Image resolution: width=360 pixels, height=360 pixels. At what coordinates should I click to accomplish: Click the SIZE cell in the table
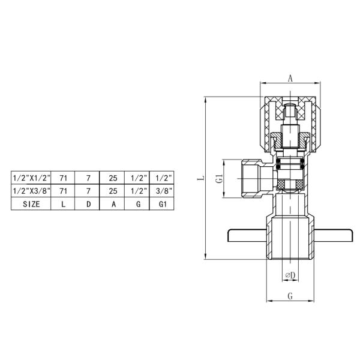(31, 203)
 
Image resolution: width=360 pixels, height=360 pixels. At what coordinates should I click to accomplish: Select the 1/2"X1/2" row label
(31, 178)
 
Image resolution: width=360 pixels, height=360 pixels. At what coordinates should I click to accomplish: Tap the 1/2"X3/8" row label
(31, 191)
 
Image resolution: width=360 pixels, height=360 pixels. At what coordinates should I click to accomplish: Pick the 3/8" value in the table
(161, 191)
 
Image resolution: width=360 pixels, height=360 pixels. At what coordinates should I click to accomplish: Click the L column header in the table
(63, 203)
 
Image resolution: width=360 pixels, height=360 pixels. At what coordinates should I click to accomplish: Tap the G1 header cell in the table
(161, 203)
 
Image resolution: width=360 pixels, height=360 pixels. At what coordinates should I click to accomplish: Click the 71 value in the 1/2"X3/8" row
(63, 191)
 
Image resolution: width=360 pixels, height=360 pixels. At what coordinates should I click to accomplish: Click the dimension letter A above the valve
(290, 78)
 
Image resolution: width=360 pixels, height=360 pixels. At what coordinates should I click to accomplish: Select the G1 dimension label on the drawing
(220, 178)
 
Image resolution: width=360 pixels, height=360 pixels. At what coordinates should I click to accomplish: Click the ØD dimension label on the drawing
(289, 275)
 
